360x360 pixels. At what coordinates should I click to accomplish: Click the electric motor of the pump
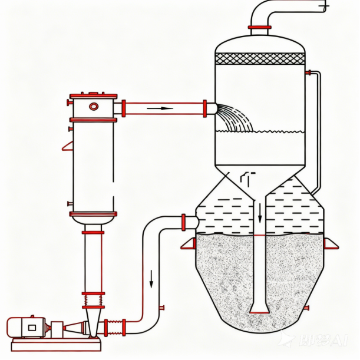click(26, 326)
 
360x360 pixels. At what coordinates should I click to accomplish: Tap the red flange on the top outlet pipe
click(260, 27)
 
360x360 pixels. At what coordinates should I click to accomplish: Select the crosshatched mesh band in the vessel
click(260, 59)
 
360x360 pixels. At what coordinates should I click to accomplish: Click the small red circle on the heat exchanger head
click(94, 106)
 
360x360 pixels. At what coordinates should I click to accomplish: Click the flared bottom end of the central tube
click(259, 308)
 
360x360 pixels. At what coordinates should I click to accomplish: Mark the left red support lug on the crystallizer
click(189, 244)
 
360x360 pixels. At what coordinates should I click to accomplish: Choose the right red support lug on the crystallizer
click(331, 243)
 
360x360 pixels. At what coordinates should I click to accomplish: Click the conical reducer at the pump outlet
click(76, 328)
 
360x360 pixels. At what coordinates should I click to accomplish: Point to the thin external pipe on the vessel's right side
click(319, 130)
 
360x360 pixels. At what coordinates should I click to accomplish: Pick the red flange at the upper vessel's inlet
click(205, 108)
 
